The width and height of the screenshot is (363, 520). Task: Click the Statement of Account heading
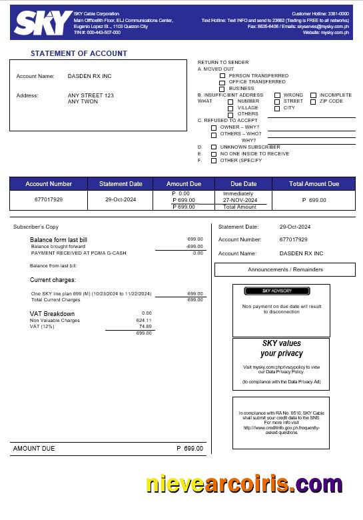(79, 53)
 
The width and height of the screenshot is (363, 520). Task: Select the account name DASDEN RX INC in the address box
(90, 77)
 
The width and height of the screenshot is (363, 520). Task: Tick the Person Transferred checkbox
(222, 76)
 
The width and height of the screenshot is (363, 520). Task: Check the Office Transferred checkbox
(222, 83)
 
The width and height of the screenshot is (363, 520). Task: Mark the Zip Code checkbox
(313, 102)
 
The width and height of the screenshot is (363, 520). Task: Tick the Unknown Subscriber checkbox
(214, 147)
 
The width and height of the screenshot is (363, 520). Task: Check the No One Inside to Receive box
(214, 154)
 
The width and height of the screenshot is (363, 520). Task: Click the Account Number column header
(49, 184)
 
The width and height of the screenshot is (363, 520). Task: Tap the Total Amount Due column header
(314, 184)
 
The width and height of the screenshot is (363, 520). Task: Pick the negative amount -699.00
(194, 246)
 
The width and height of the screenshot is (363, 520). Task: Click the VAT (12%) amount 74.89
(145, 327)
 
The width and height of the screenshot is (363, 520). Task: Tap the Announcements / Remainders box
(285, 269)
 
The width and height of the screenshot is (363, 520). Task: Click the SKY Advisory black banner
(276, 291)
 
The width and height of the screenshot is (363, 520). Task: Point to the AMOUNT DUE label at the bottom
(34, 449)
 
